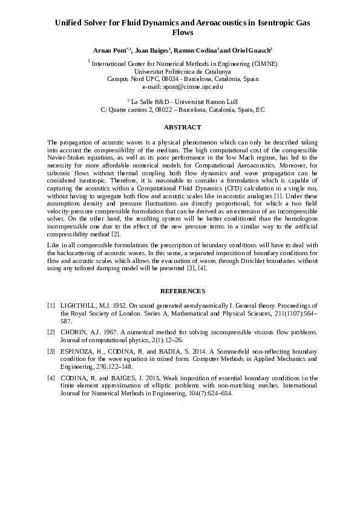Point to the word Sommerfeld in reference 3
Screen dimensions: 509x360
(212, 351)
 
